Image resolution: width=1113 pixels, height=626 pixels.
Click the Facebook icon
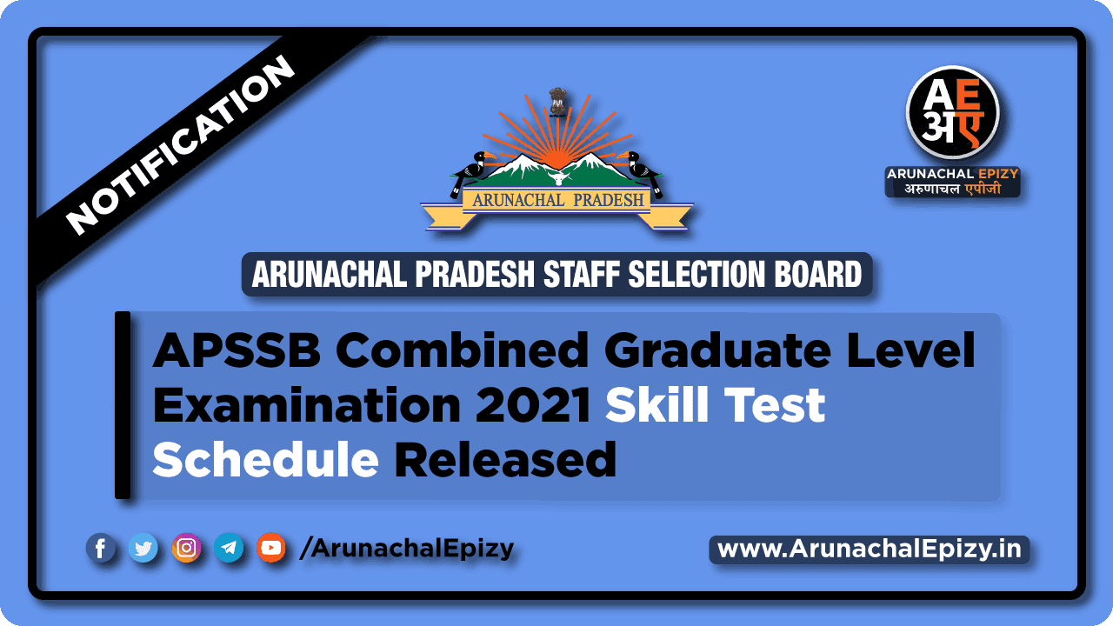(x=101, y=548)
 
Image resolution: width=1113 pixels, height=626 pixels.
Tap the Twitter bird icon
(x=143, y=548)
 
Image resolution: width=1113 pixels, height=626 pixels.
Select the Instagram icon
(x=186, y=548)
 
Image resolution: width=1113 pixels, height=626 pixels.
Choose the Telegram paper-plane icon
(x=229, y=548)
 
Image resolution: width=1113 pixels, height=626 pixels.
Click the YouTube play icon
(x=271, y=548)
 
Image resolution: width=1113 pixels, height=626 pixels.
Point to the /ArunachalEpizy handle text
(x=406, y=549)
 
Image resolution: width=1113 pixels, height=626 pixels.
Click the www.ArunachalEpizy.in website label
(x=870, y=549)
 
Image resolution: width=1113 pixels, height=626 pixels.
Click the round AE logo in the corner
(x=952, y=112)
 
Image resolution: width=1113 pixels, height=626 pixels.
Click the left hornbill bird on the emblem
(x=470, y=171)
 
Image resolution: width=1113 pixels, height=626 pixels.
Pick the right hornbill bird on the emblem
(x=644, y=171)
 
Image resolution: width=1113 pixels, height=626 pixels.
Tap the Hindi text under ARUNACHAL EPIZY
(x=953, y=188)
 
